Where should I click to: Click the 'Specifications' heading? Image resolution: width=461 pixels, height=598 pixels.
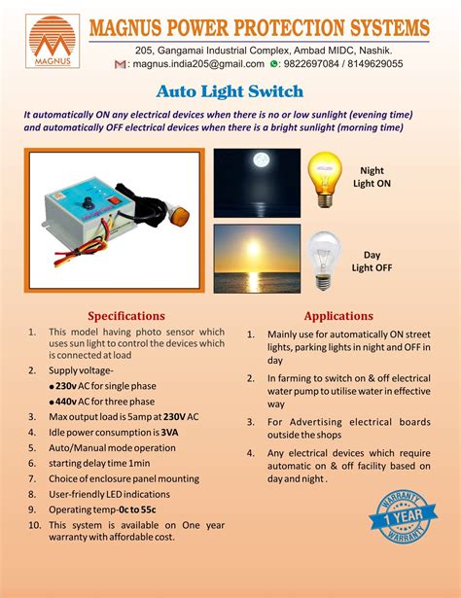coord(126,316)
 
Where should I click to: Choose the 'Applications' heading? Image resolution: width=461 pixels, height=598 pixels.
coord(338,316)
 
